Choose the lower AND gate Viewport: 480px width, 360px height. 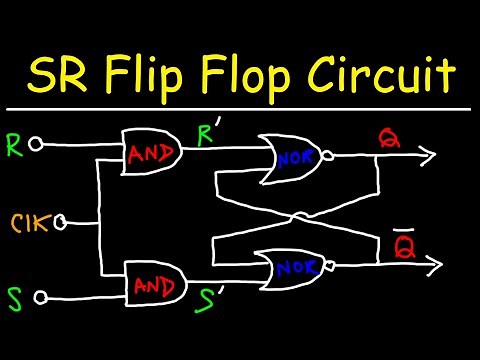click(x=153, y=285)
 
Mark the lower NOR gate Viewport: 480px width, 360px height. click(x=290, y=267)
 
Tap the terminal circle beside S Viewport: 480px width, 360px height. click(x=41, y=296)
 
